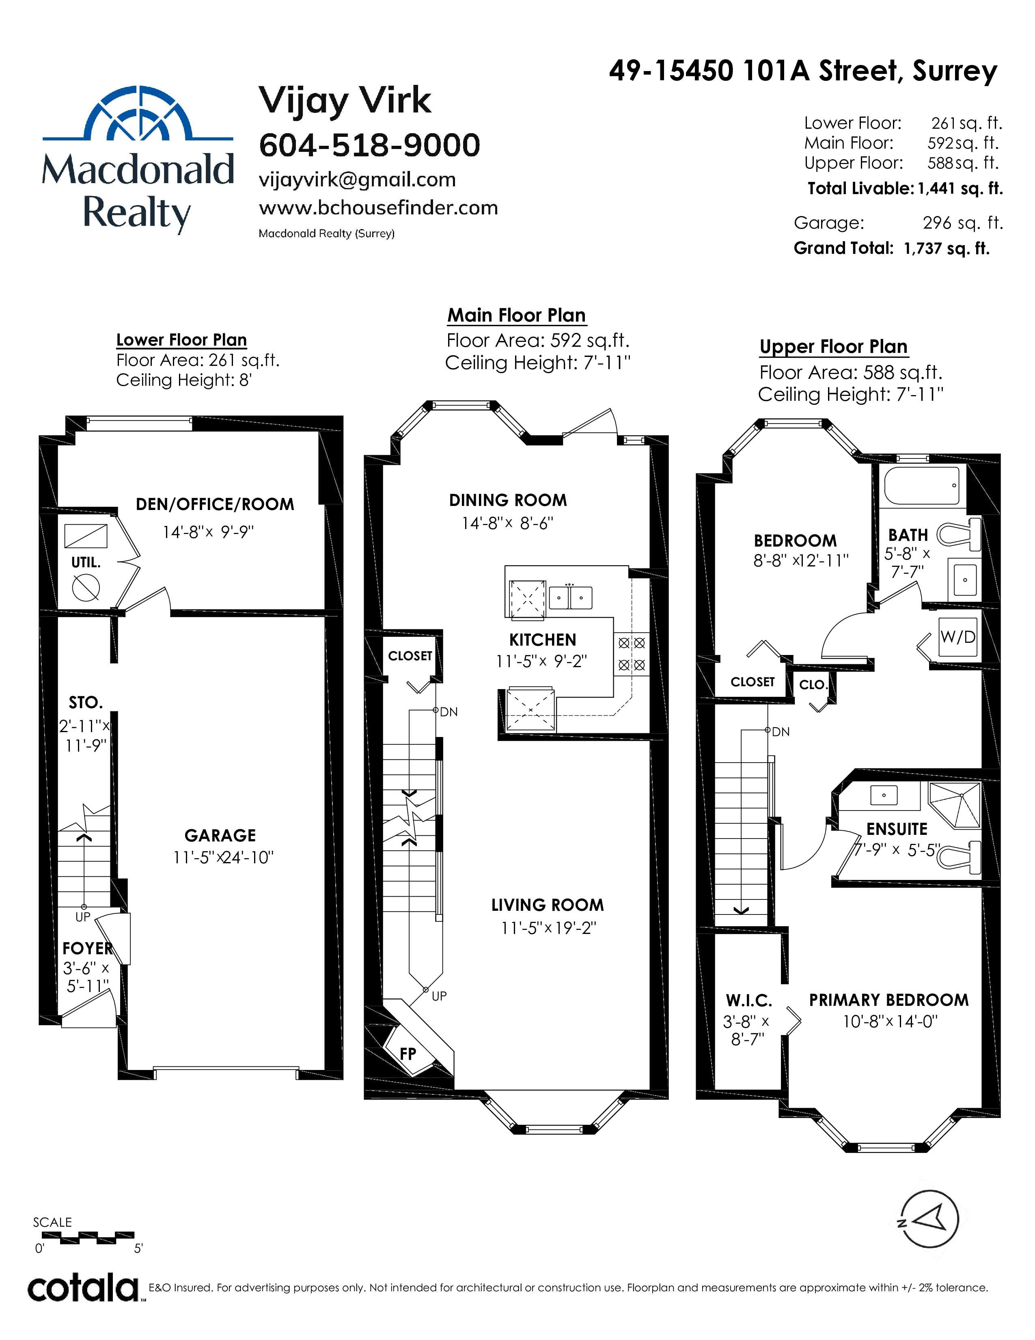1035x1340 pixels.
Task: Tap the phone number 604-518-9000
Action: click(x=369, y=145)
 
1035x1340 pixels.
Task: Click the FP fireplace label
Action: click(x=408, y=1053)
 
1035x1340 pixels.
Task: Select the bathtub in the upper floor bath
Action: click(x=922, y=485)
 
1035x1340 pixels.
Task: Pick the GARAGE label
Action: click(x=220, y=836)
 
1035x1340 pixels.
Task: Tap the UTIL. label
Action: click(x=86, y=563)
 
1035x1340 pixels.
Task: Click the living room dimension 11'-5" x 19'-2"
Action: click(x=549, y=928)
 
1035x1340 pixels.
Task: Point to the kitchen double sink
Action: click(x=570, y=597)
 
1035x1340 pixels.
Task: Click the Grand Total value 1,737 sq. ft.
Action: click(x=947, y=249)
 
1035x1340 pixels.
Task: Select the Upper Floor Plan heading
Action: click(x=833, y=347)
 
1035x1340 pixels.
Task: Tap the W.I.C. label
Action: click(x=749, y=1001)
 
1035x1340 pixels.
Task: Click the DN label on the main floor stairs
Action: click(x=449, y=712)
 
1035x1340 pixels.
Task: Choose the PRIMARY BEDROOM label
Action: click(x=889, y=1000)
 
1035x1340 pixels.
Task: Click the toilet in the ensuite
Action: click(x=958, y=856)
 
